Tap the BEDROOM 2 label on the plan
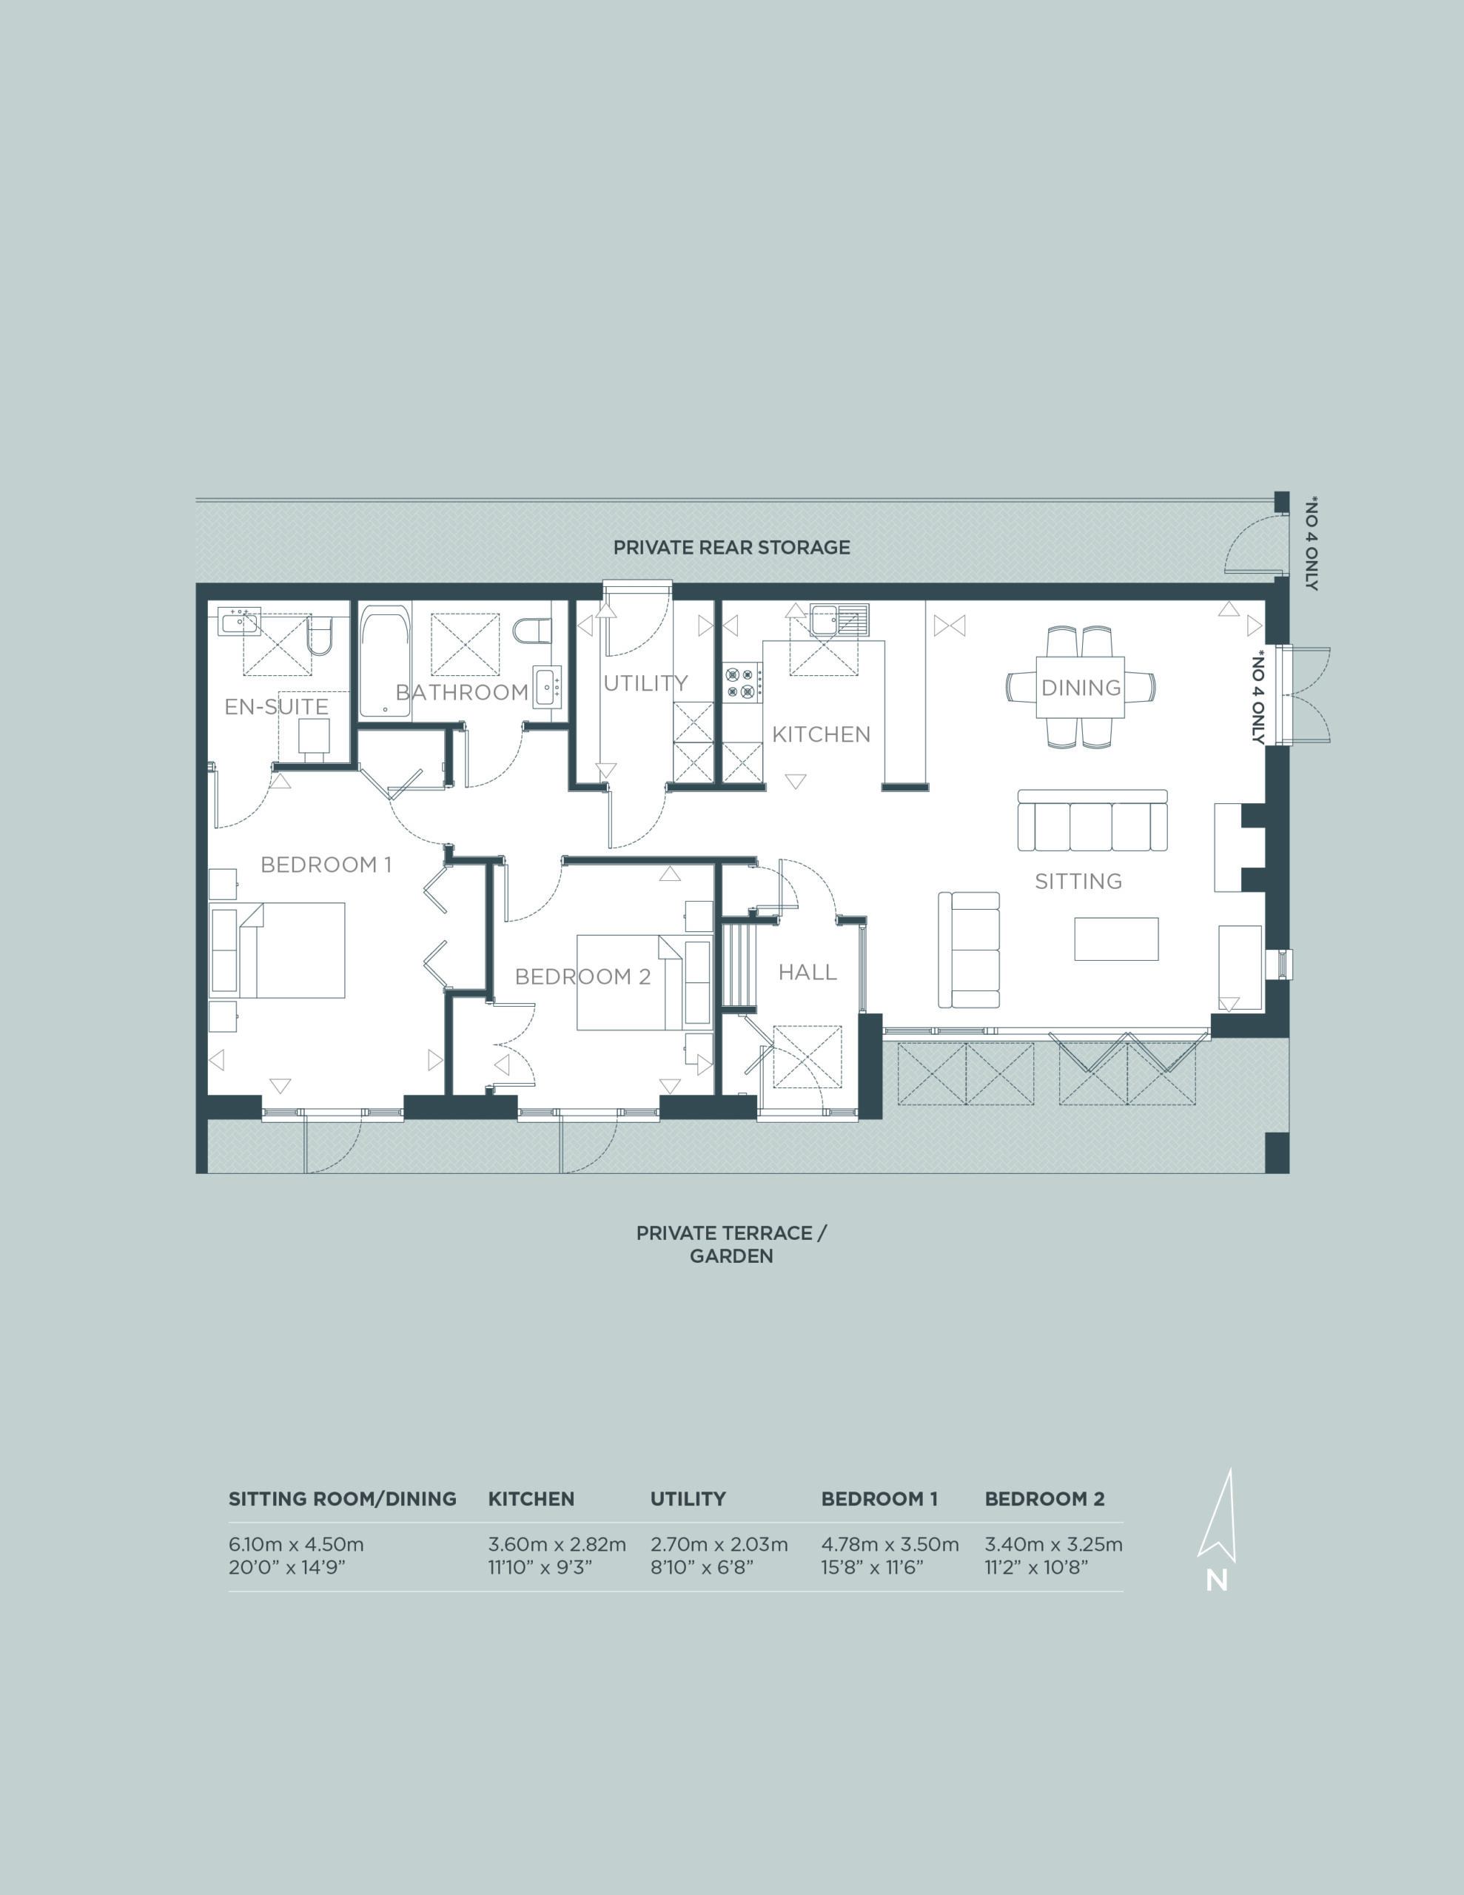pyautogui.click(x=582, y=976)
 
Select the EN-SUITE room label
pyautogui.click(x=276, y=706)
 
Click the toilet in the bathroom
pyautogui.click(x=532, y=630)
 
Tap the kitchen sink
pyautogui.click(x=839, y=620)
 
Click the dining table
pyautogui.click(x=1081, y=687)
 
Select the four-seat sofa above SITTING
pyautogui.click(x=1092, y=821)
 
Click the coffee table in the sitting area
pyautogui.click(x=1116, y=939)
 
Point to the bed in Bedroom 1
pyautogui.click(x=291, y=950)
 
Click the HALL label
pyautogui.click(x=807, y=972)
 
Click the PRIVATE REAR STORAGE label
pyautogui.click(x=731, y=548)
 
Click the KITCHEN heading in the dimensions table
pyautogui.click(x=531, y=1499)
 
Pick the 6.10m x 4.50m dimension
pyautogui.click(x=296, y=1544)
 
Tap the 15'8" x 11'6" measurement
pyautogui.click(x=872, y=1567)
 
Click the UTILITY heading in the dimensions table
pyautogui.click(x=688, y=1499)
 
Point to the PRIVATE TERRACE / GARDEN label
pyautogui.click(x=731, y=1244)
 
